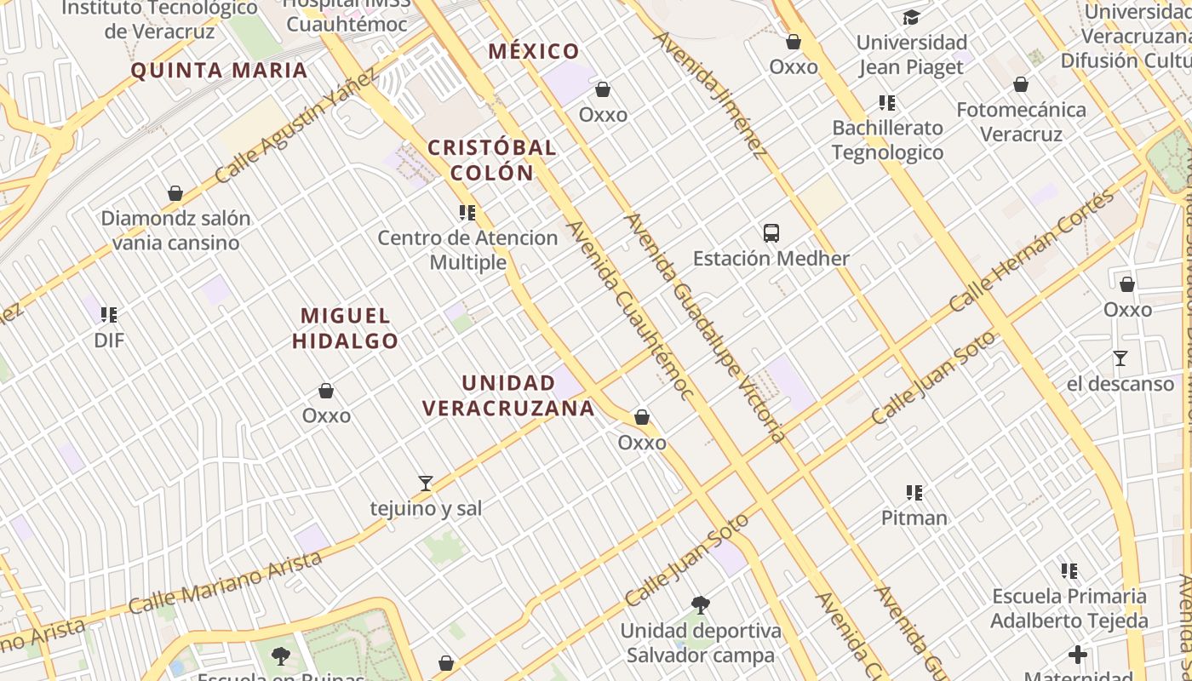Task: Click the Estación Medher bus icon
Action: (771, 232)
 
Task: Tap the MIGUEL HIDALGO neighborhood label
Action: (345, 329)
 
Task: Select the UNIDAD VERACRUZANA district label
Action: (508, 396)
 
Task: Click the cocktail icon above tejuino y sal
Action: (426, 484)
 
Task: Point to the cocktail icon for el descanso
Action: (1120, 358)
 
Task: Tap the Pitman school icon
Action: (914, 492)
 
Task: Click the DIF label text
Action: (109, 340)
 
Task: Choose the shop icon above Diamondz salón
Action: (175, 193)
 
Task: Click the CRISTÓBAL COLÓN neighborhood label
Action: (492, 159)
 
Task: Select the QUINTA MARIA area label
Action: (219, 70)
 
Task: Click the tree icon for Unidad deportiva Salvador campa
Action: (701, 605)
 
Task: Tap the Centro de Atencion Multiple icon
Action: (467, 212)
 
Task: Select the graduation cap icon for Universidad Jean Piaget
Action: (912, 17)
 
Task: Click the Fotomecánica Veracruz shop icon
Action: (1021, 84)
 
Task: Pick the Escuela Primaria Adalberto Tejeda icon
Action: (1069, 570)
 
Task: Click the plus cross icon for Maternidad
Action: (1078, 655)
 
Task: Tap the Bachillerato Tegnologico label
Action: (888, 140)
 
